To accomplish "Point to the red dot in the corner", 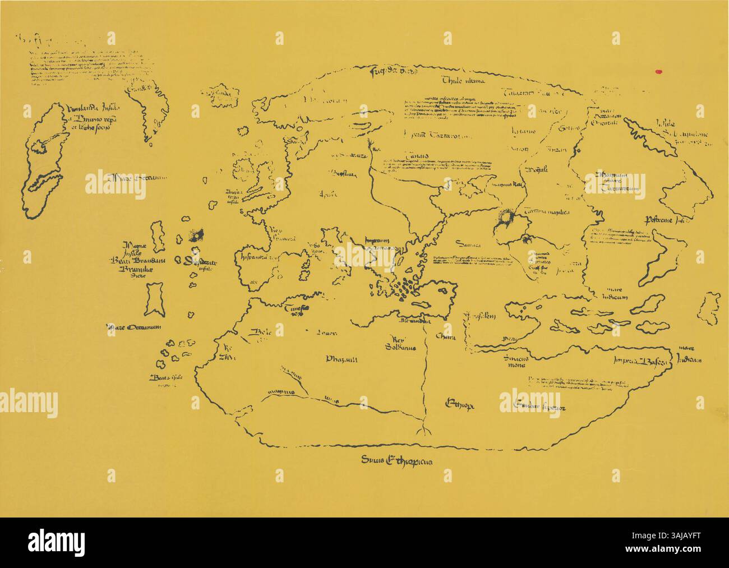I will point(659,71).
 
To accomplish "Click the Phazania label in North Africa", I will point(342,359).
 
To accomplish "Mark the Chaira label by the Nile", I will point(445,338).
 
